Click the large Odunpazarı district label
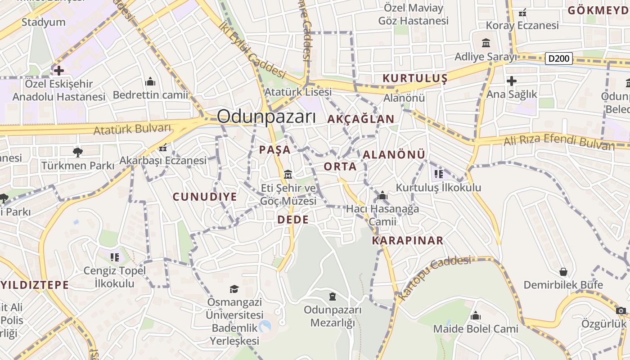point(266,117)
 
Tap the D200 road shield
point(559,58)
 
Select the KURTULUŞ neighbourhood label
point(415,78)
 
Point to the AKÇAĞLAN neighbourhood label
point(361,119)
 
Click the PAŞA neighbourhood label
point(274,150)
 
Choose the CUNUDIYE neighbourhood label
point(205,197)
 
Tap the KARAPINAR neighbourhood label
point(408,240)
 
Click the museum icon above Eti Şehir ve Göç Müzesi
point(288,174)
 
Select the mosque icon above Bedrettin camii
point(150,81)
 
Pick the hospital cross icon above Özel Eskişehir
point(58,70)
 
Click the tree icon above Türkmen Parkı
point(78,152)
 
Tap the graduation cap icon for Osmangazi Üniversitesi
point(234,288)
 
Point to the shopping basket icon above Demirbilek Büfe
point(563,272)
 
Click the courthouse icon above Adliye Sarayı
point(486,43)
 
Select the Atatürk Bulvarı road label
point(133,129)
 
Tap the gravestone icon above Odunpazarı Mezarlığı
point(333,296)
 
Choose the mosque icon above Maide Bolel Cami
point(476,315)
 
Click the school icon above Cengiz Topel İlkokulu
point(114,257)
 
